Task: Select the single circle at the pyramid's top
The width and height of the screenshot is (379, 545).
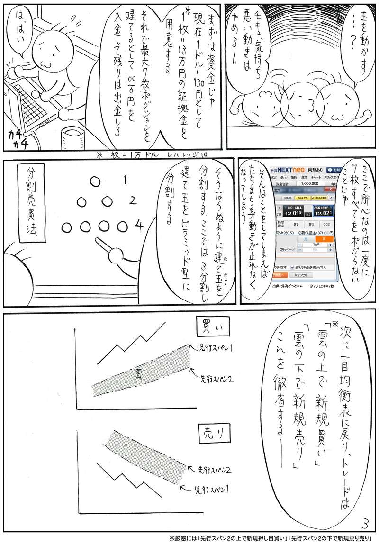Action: click(x=95, y=181)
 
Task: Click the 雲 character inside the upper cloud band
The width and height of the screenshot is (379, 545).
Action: click(x=138, y=372)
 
